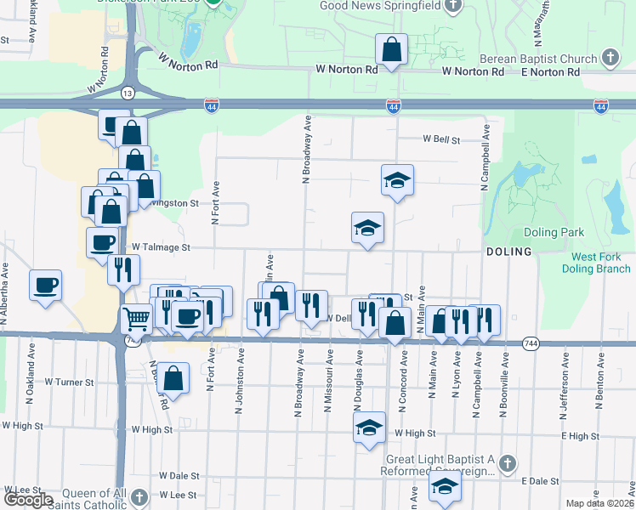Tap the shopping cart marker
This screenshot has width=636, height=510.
click(136, 320)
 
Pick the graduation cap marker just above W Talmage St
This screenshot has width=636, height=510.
click(367, 227)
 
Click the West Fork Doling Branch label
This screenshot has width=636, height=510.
click(600, 263)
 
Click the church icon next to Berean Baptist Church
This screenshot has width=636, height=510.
click(610, 58)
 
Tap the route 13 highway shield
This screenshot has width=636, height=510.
click(127, 92)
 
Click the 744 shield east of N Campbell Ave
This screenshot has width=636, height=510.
click(531, 343)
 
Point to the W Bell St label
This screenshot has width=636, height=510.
click(441, 139)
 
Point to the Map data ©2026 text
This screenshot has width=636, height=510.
click(599, 503)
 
